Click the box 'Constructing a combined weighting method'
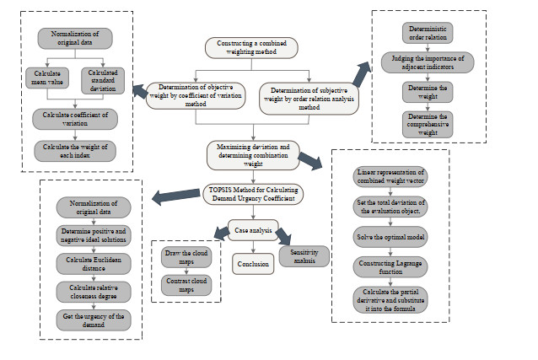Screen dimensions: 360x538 (x=252, y=49)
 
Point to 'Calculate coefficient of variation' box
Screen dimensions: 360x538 (x=74, y=119)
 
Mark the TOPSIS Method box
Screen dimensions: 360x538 (x=252, y=195)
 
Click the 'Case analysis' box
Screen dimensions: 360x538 (x=252, y=227)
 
